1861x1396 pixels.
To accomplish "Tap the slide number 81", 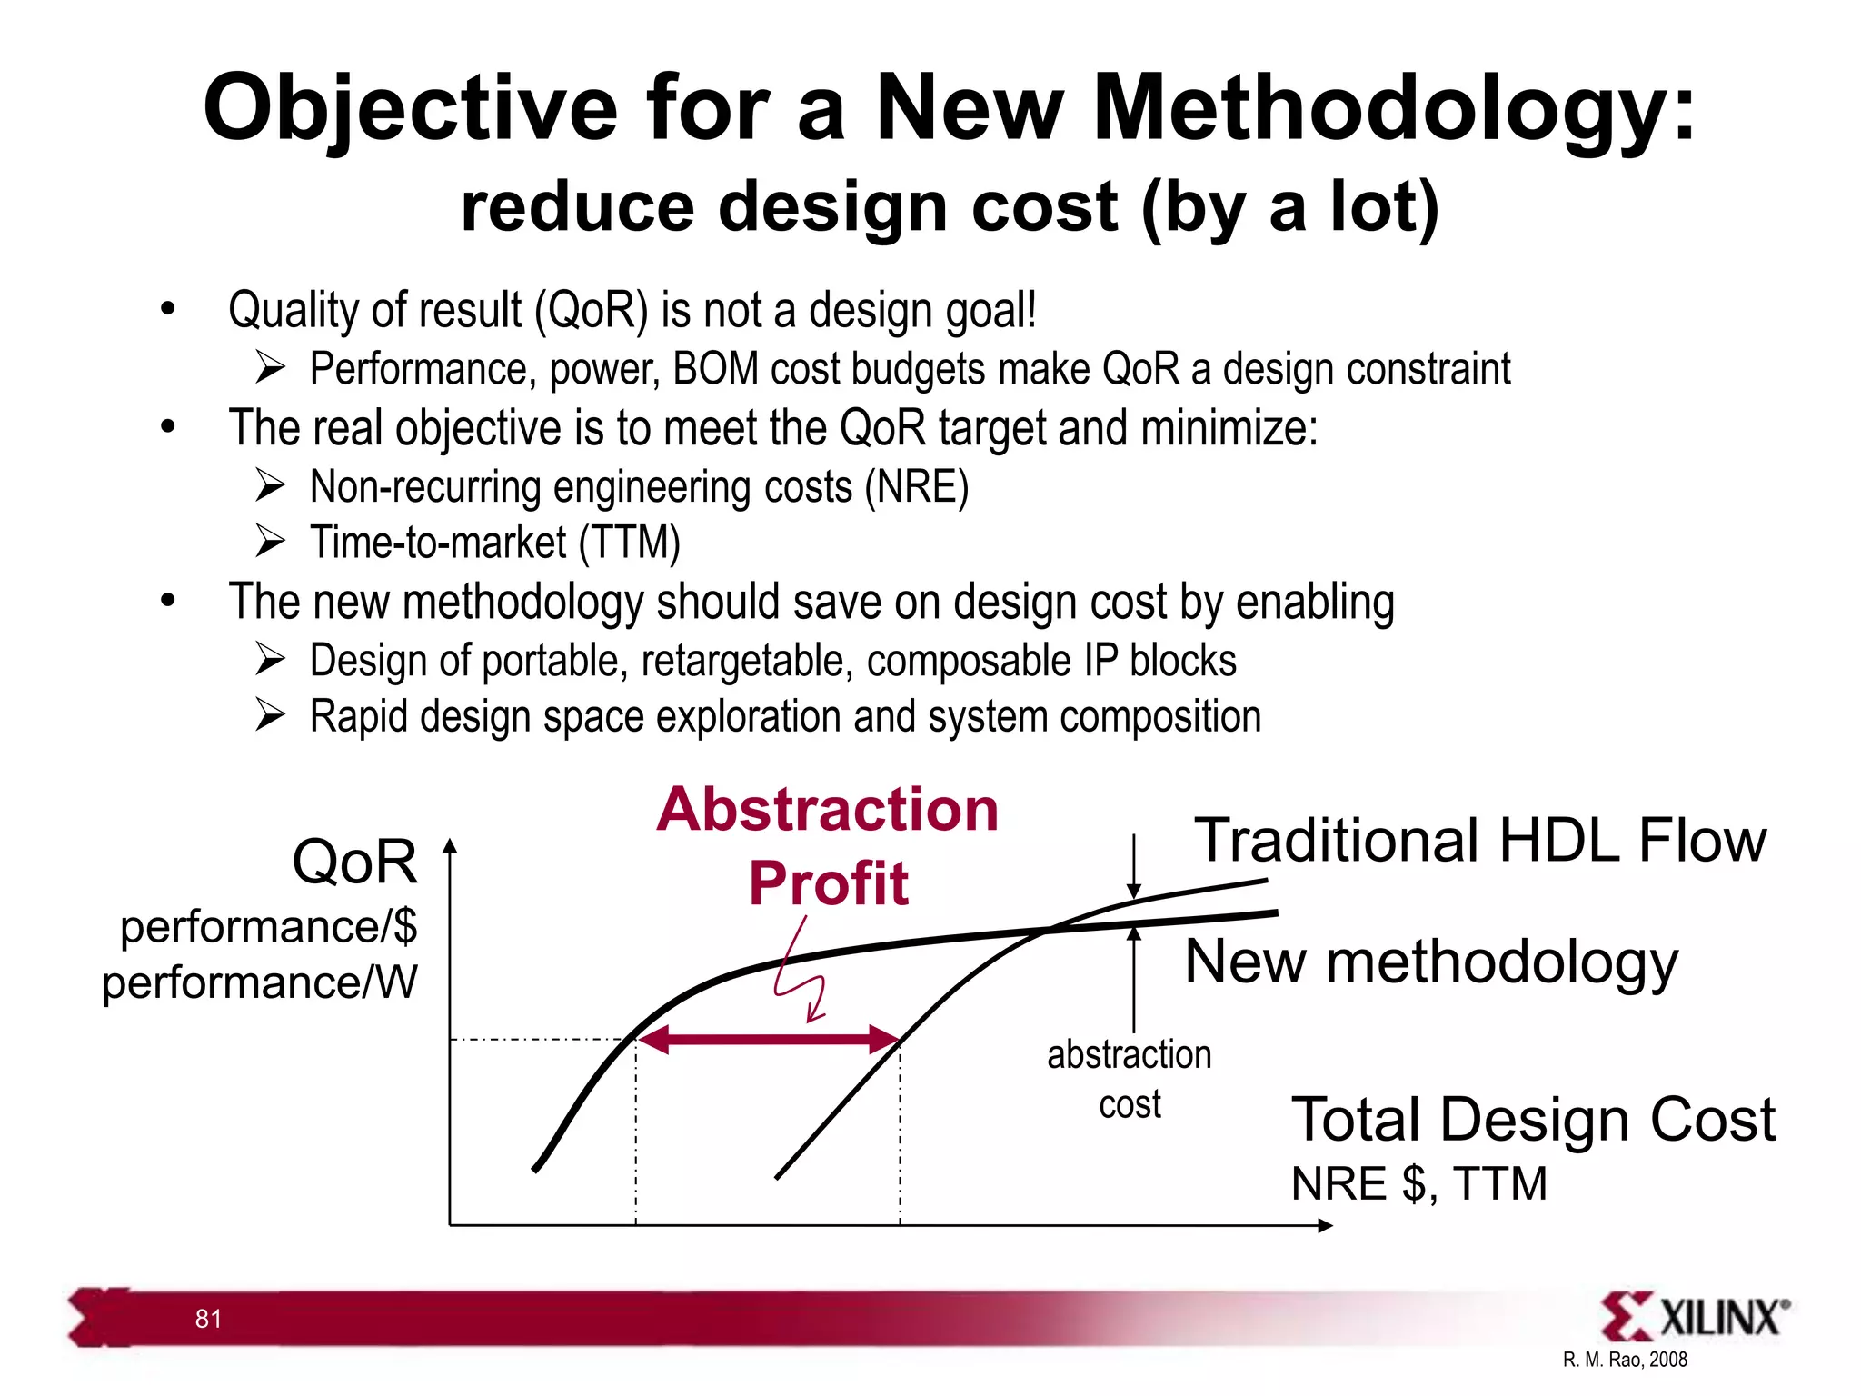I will pos(208,1319).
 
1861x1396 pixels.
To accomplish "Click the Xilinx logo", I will pos(1695,1316).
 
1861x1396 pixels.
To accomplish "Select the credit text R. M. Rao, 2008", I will pos(1625,1360).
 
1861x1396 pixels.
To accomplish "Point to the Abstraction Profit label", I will pos(828,845).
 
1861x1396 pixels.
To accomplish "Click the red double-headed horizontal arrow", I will pos(768,1039).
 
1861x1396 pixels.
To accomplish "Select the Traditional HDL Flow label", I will pos(1479,840).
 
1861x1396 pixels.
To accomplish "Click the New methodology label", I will pos(1431,962).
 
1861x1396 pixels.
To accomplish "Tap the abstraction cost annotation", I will pos(1129,1079).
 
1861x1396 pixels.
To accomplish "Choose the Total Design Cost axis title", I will pos(1533,1119).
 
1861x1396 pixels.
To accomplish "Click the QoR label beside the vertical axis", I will pos(354,862).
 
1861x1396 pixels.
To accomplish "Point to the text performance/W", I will pos(260,982).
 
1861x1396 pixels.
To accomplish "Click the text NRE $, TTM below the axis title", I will pos(1418,1183).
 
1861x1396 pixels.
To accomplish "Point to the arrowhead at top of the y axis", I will pos(450,847).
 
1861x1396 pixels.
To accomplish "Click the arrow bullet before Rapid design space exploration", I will pos(270,715).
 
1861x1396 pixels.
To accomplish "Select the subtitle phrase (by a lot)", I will pos(1290,207).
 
